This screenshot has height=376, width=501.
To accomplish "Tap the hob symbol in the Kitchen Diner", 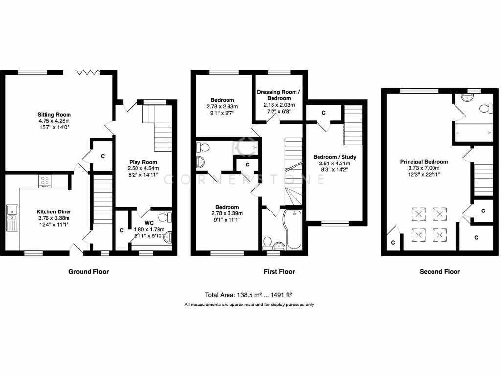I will coord(45,181).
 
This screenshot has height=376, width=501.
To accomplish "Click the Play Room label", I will coord(143,162).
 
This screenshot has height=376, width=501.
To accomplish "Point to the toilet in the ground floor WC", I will coord(166,218).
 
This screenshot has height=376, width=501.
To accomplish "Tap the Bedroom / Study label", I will coord(335,157).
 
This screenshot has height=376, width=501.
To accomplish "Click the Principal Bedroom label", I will coord(424,162).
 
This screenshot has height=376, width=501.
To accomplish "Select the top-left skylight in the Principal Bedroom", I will coord(418,213).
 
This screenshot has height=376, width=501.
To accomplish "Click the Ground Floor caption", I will coord(89,272).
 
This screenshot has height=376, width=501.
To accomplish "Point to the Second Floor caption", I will coord(439,272).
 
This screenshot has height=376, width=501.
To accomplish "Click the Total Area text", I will coord(249,295).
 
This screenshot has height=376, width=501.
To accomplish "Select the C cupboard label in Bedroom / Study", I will coord(323,113).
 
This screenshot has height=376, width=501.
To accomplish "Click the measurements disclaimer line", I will coord(249,305).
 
